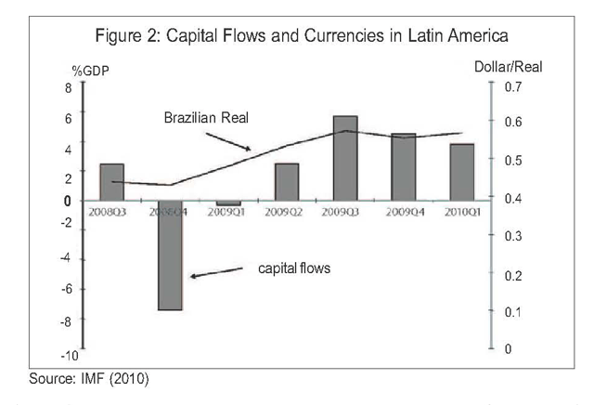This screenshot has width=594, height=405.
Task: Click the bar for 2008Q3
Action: click(x=111, y=181)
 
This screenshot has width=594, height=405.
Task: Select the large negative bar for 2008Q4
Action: click(x=170, y=255)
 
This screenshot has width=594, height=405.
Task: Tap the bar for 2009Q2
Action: click(x=287, y=181)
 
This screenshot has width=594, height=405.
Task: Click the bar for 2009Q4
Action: click(x=404, y=166)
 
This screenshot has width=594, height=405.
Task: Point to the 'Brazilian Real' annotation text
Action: click(x=209, y=118)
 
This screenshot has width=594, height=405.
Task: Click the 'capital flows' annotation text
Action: click(x=294, y=268)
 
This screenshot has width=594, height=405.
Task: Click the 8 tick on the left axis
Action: click(x=68, y=87)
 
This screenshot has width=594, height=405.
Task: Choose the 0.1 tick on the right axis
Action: click(x=508, y=312)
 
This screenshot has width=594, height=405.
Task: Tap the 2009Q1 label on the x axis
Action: click(x=228, y=212)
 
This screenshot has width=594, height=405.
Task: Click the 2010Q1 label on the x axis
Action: click(x=462, y=212)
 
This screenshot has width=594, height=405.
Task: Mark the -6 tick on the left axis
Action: click(x=66, y=289)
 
